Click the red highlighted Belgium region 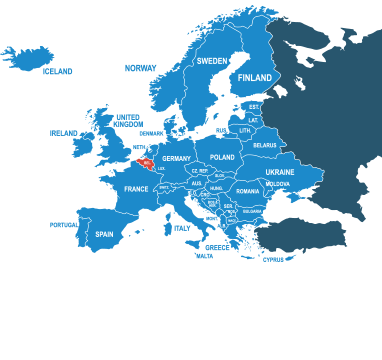(x=146, y=160)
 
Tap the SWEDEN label (x=212, y=61)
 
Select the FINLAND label (x=255, y=78)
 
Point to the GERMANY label (x=176, y=158)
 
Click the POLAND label (x=222, y=157)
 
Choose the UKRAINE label (x=280, y=172)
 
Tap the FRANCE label (x=136, y=189)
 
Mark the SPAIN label (x=104, y=234)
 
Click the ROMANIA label (x=248, y=191)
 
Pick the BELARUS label (x=265, y=146)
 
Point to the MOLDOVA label (x=278, y=184)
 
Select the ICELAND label (x=57, y=72)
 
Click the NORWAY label (x=140, y=68)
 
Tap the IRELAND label (x=63, y=133)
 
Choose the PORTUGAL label (x=63, y=225)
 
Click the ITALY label (x=181, y=228)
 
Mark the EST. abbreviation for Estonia (x=254, y=106)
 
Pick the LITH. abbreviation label (x=245, y=131)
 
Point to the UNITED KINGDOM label (x=128, y=120)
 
